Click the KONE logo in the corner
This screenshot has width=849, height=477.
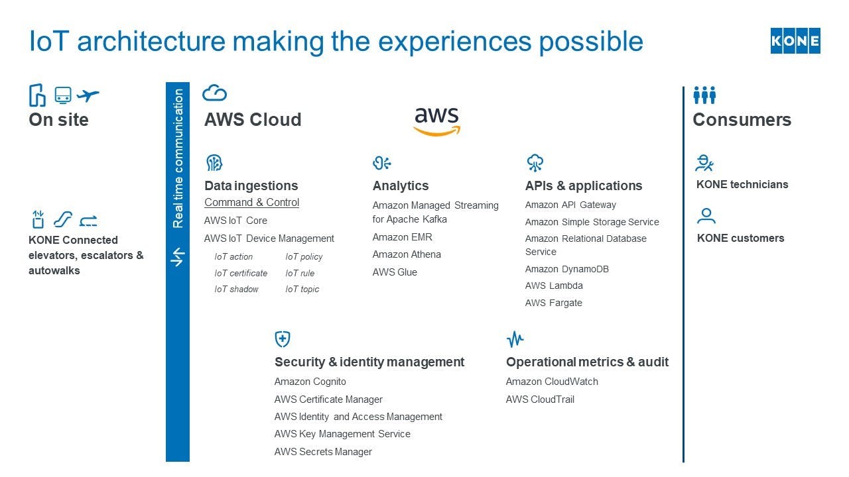coord(795,41)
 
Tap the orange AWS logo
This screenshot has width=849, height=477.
coord(436,121)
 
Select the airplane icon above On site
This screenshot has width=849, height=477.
coord(88,95)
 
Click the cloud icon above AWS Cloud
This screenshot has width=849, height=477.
coord(214,93)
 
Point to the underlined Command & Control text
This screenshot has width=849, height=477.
coord(251,203)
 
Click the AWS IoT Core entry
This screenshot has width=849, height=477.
coord(235,221)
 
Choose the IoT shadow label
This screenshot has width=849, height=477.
coord(236,290)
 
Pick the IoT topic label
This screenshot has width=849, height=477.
coord(302,290)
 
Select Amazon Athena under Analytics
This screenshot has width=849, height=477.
coord(407,254)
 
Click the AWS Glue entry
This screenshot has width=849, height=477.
coord(395,272)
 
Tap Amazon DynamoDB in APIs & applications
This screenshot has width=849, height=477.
coord(566,269)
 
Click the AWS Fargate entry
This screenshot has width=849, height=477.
coord(553,303)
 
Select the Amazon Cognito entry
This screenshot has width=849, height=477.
coord(310,382)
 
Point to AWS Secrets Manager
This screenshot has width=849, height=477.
coord(323,452)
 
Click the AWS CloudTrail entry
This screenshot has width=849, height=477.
coord(540,399)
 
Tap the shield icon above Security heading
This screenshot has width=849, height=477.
coord(283,339)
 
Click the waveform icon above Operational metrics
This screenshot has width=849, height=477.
coord(515,340)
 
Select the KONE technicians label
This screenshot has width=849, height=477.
coord(742,185)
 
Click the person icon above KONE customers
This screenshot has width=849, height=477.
coord(706,216)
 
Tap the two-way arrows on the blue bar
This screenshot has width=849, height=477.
coord(177,257)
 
